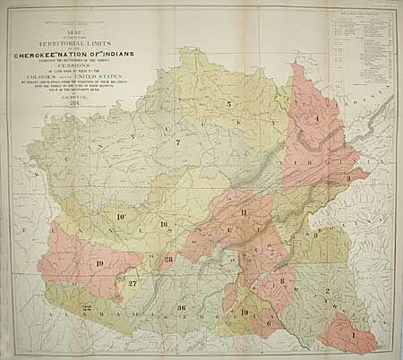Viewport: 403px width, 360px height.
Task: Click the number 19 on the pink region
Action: pos(99,263)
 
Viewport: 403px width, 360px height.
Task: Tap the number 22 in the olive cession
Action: pos(86,307)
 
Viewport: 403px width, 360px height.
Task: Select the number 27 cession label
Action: pos(132,284)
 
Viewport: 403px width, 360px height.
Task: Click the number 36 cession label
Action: pos(181,308)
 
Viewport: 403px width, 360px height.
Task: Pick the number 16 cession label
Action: pos(164,224)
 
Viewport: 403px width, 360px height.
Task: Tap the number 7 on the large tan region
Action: pos(177,143)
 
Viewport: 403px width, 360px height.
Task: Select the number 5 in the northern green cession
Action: pos(228,105)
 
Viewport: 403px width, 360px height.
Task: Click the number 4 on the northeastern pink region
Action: pos(316,119)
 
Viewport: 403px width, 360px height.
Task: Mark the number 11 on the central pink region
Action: pos(244,210)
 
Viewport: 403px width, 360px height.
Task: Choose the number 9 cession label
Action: pos(315,235)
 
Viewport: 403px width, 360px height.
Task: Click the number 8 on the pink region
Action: pos(282,281)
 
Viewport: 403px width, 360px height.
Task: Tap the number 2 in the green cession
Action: pos(328,292)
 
